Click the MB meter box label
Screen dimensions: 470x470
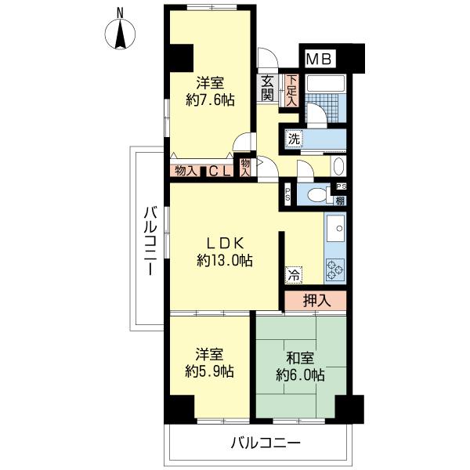(320, 59)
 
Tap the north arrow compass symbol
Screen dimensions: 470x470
(121, 34)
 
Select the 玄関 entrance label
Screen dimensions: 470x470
(267, 89)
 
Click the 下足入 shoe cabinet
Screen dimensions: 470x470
(292, 90)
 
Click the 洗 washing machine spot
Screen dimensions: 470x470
(294, 139)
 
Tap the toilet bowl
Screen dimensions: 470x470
(318, 195)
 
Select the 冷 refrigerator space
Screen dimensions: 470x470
(294, 275)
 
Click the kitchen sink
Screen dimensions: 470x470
(336, 228)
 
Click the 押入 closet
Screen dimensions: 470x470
(316, 300)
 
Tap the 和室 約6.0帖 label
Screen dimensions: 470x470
(300, 367)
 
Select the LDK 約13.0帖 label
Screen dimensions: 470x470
(225, 252)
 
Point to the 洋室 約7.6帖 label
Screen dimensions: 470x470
(210, 92)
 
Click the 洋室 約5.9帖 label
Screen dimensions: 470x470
(209, 363)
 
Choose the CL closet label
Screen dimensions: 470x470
(219, 172)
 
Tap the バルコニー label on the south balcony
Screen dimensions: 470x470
(266, 443)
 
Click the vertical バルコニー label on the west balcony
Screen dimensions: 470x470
(150, 240)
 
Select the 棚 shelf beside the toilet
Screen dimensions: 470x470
(340, 201)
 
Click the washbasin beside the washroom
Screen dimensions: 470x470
(338, 166)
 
